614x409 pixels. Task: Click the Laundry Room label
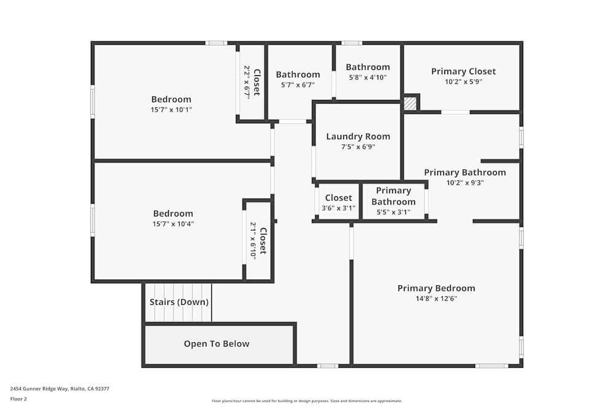click(358, 137)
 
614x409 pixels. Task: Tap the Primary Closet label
click(463, 71)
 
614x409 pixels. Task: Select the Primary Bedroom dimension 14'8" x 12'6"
click(436, 299)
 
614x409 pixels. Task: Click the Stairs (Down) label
click(179, 302)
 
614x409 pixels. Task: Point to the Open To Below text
click(217, 344)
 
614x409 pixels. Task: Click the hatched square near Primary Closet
click(410, 104)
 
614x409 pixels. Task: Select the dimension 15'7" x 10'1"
click(171, 110)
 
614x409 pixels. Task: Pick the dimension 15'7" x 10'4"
click(173, 224)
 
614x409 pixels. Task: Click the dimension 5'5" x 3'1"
click(393, 212)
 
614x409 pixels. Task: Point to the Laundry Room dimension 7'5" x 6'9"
click(358, 147)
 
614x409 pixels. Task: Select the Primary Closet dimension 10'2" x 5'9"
click(463, 82)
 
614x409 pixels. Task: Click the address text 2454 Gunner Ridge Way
click(60, 389)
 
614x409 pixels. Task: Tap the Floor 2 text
click(18, 399)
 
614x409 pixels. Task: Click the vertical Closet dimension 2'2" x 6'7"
click(247, 82)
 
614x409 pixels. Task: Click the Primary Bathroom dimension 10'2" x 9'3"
click(465, 182)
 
